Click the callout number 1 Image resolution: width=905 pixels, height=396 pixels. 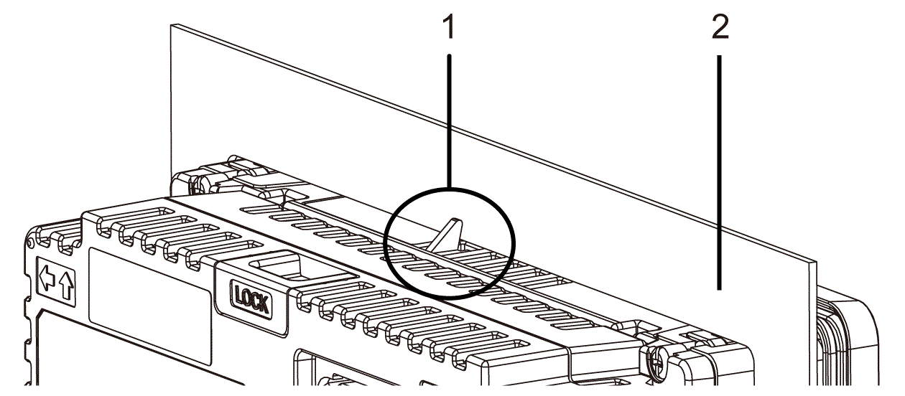(450, 27)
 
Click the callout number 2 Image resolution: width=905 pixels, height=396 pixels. (720, 27)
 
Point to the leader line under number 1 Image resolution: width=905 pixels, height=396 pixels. (450, 121)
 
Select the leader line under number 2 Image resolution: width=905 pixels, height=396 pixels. (719, 172)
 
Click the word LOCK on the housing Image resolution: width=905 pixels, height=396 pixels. (251, 300)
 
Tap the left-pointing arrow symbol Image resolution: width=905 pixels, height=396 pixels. (47, 278)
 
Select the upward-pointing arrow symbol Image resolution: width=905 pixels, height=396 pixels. (66, 285)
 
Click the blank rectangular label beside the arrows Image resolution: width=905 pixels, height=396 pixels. (150, 307)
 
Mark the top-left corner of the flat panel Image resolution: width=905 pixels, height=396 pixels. (171, 24)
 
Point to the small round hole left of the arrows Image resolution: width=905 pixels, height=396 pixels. (29, 243)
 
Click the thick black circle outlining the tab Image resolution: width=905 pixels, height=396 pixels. (450, 243)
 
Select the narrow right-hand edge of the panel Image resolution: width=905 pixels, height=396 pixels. (813, 324)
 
